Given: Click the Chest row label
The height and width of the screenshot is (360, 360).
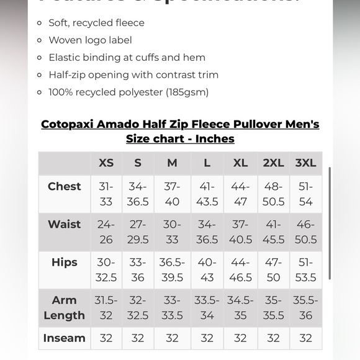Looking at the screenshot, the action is (x=64, y=186).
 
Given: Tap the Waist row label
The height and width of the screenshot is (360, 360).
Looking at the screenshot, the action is (x=64, y=224).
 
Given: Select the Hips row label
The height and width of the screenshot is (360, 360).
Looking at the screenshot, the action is (x=64, y=262).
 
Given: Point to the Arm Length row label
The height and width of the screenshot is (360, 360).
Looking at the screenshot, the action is (x=64, y=307).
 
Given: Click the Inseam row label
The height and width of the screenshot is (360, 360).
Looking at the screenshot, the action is (x=64, y=338).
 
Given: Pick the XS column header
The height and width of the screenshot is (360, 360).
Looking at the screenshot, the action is (x=106, y=163).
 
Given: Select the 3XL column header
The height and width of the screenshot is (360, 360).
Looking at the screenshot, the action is (x=305, y=163).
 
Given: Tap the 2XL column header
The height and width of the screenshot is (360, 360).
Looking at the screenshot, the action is (x=273, y=163).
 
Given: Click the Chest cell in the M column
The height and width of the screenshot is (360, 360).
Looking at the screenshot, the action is (x=172, y=194).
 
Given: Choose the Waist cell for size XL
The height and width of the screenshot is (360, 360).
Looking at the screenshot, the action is (x=240, y=232).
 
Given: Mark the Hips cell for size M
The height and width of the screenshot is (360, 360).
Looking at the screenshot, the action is (x=172, y=269).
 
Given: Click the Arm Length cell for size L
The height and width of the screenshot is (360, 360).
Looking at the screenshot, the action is (x=207, y=307).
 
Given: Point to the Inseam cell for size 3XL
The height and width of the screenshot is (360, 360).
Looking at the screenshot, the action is (x=305, y=338).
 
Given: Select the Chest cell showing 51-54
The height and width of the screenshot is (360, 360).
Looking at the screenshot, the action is (x=305, y=194).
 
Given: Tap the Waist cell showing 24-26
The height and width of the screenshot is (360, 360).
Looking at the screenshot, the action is (x=106, y=232).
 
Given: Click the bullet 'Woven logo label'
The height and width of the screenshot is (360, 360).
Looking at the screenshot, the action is (x=90, y=40).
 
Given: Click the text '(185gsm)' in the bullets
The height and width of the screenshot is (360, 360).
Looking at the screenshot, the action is (x=187, y=92).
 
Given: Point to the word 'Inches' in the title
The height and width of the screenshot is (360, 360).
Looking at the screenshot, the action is (x=214, y=138).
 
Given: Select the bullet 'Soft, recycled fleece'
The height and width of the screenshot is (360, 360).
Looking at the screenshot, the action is (x=96, y=23).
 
